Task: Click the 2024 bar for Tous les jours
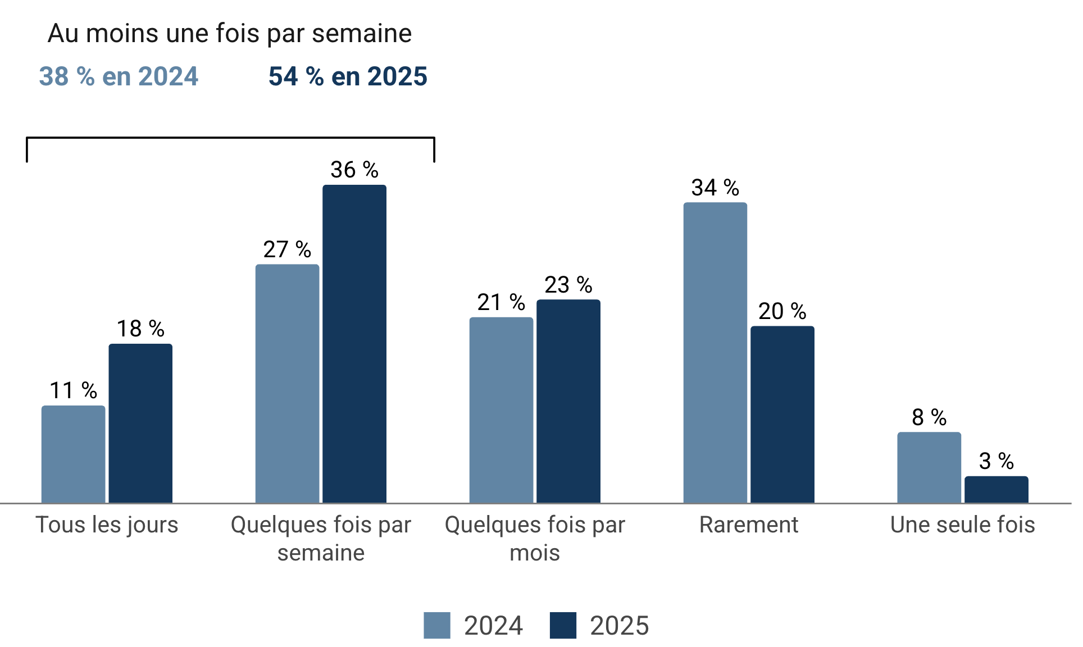click(73, 454)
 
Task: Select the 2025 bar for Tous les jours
click(140, 423)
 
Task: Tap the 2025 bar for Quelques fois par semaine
click(354, 344)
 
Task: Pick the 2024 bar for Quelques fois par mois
click(501, 410)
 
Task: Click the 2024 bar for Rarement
click(715, 353)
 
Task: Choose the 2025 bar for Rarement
click(782, 414)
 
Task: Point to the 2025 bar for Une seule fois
click(996, 489)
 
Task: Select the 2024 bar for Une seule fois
click(929, 467)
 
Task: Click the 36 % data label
click(354, 170)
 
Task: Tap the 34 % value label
click(715, 188)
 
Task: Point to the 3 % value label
click(996, 461)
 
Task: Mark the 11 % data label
click(73, 390)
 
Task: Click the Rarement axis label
click(749, 525)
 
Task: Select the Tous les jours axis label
click(107, 525)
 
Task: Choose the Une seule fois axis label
click(963, 525)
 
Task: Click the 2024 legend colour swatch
click(437, 625)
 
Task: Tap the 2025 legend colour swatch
click(563, 625)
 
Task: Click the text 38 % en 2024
click(119, 76)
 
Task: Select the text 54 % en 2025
click(348, 76)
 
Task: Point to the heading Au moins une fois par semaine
click(230, 33)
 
